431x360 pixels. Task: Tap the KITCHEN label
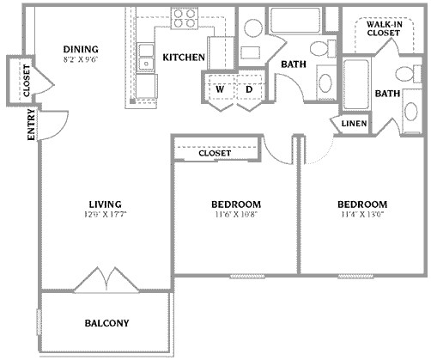click(185, 58)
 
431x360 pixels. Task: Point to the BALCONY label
click(106, 324)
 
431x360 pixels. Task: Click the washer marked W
click(220, 89)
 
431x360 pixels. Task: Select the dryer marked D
click(249, 89)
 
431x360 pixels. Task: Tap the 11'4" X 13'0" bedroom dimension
click(361, 216)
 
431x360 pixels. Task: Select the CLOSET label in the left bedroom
click(215, 153)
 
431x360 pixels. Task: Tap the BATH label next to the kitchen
click(294, 64)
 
